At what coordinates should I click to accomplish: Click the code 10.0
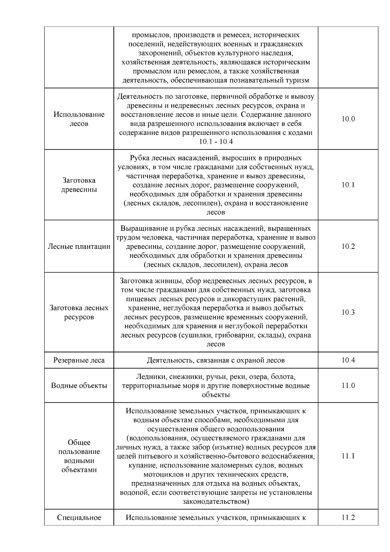348,119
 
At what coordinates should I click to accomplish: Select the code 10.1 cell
348,185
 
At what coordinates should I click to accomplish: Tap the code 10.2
348,246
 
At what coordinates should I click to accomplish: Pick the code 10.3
348,312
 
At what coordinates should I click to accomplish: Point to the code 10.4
348,360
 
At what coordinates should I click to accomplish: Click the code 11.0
348,385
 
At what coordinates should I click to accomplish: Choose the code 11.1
348,456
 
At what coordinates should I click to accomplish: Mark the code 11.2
348,518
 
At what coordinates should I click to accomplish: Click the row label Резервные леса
79,360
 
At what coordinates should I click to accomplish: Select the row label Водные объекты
79,385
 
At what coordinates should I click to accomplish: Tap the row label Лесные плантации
79,246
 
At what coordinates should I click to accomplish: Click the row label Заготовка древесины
79,185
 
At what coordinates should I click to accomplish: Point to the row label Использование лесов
79,119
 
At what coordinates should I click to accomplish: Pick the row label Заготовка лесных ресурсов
79,312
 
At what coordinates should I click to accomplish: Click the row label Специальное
79,518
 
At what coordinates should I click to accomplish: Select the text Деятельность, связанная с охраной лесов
215,360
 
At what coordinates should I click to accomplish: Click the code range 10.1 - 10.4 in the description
215,142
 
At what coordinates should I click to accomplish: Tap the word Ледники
151,377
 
